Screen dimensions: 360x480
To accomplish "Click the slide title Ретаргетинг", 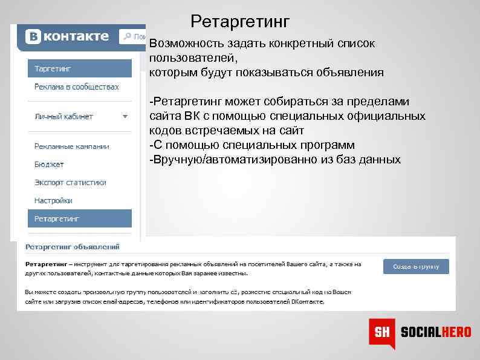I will pos(240,22).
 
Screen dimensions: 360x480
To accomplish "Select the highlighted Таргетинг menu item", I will pos(80,68).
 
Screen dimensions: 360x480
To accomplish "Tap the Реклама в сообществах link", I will pos(76,87).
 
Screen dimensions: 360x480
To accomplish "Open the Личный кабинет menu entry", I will pos(63,116).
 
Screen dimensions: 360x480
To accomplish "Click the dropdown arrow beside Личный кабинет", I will pos(125,116).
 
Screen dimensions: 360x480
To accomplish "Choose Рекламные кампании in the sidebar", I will pos(71,146).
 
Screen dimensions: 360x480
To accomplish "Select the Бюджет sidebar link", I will pos(49,164).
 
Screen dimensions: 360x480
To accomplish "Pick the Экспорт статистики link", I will pos(70,182).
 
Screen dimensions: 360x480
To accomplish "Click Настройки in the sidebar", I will pos(53,200).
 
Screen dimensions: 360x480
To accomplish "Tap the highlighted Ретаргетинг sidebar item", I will pos(80,218).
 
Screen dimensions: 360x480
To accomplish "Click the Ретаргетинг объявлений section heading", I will pos(72,247).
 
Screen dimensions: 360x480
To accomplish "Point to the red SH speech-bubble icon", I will pos(381,332).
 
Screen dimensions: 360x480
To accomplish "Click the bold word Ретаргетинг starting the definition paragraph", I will pos(46,264).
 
